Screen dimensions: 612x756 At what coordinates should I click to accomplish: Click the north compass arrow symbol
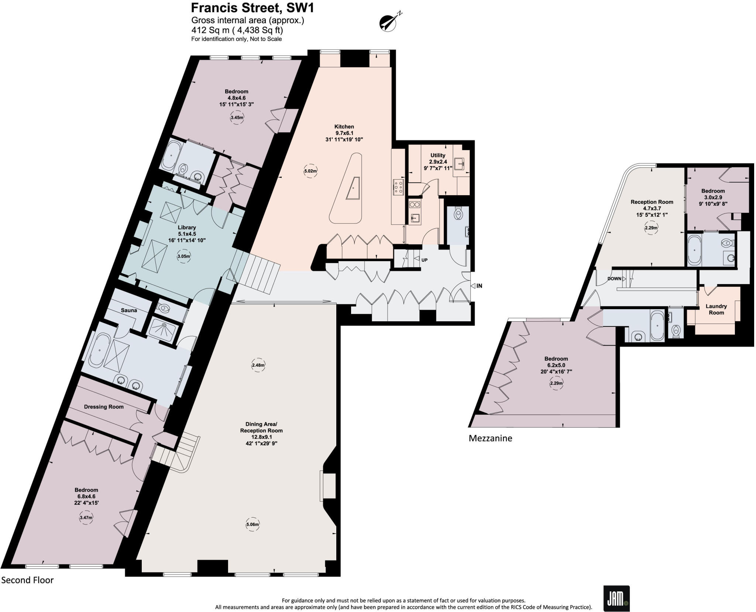pos(388,23)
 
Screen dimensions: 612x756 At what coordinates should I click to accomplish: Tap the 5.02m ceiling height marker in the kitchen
pos(310,171)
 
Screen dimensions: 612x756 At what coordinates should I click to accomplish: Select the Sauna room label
pos(129,310)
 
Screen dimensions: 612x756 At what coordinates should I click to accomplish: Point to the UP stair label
pos(425,260)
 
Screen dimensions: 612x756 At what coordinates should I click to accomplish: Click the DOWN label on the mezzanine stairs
pos(614,279)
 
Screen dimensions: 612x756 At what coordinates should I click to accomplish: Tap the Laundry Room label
pos(716,309)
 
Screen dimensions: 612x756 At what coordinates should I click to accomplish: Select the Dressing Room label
pos(104,407)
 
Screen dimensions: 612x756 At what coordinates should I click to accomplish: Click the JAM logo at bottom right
pos(616,598)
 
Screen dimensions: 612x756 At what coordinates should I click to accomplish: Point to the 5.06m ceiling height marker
pos(252,525)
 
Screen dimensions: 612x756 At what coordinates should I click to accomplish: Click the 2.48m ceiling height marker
pos(258,365)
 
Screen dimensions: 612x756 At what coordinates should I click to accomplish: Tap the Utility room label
pos(438,155)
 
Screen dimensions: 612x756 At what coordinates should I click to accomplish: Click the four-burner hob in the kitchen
pos(398,187)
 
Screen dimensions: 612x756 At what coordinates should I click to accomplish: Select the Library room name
pos(187,228)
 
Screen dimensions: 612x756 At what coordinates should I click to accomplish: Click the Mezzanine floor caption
pos(490,438)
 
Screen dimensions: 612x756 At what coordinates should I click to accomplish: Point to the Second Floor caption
pos(28,580)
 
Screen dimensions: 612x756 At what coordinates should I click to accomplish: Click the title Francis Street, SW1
pos(252,8)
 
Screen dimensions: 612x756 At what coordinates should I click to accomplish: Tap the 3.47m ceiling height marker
pos(86,518)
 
